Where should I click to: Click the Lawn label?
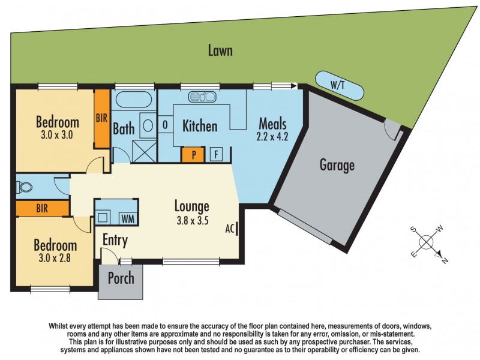220,50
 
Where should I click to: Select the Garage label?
337,165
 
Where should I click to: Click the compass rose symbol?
427,242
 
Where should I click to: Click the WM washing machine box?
127,217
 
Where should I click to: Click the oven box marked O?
165,126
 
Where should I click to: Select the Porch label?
121,279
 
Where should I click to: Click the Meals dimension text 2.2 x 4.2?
273,136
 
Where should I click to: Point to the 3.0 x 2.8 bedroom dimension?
55,259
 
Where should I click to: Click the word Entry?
115,241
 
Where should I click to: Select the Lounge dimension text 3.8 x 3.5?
192,220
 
